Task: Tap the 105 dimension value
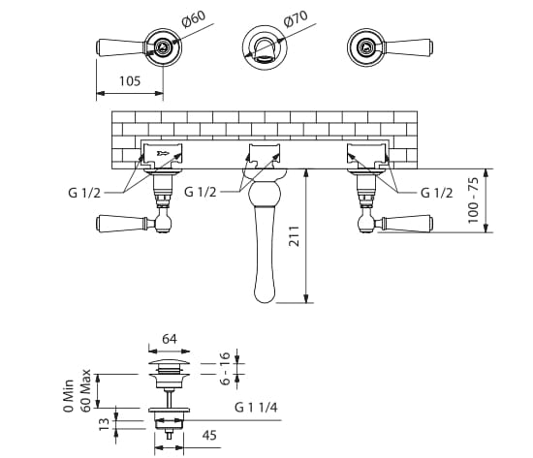point(130,81)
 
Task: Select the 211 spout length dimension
point(294,236)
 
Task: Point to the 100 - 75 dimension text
point(473,200)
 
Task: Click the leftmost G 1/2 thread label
point(84,193)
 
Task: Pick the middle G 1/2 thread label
point(201,192)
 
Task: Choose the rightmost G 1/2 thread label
point(437,193)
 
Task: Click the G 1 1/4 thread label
point(256,407)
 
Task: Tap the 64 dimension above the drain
point(170,339)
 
